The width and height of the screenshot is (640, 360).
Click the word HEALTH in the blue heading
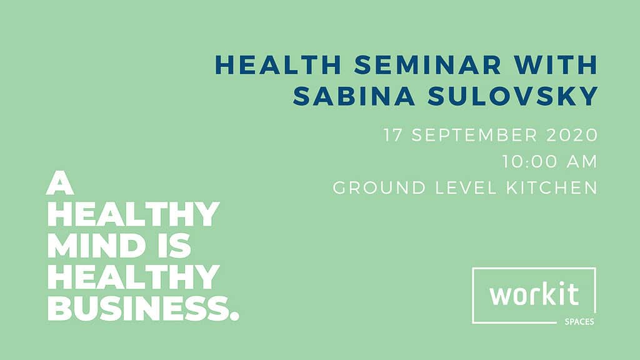coord(278,65)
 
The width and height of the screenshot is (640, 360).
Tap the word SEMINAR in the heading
coord(427,65)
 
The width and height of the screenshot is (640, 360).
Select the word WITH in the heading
coord(556,65)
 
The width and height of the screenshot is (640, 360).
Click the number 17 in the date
coord(392,135)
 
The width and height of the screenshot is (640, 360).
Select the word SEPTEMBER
coord(474,135)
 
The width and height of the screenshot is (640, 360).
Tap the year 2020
coord(572,135)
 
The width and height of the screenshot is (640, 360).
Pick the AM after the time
coord(582,161)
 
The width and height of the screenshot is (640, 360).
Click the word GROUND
coord(379,187)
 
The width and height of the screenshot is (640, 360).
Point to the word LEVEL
coord(466,187)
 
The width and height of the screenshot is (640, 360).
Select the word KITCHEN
coord(552,187)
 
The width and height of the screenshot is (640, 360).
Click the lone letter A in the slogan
coord(60,184)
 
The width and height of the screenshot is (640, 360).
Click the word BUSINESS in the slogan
coord(137,309)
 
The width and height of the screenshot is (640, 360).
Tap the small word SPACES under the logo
coord(579,322)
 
